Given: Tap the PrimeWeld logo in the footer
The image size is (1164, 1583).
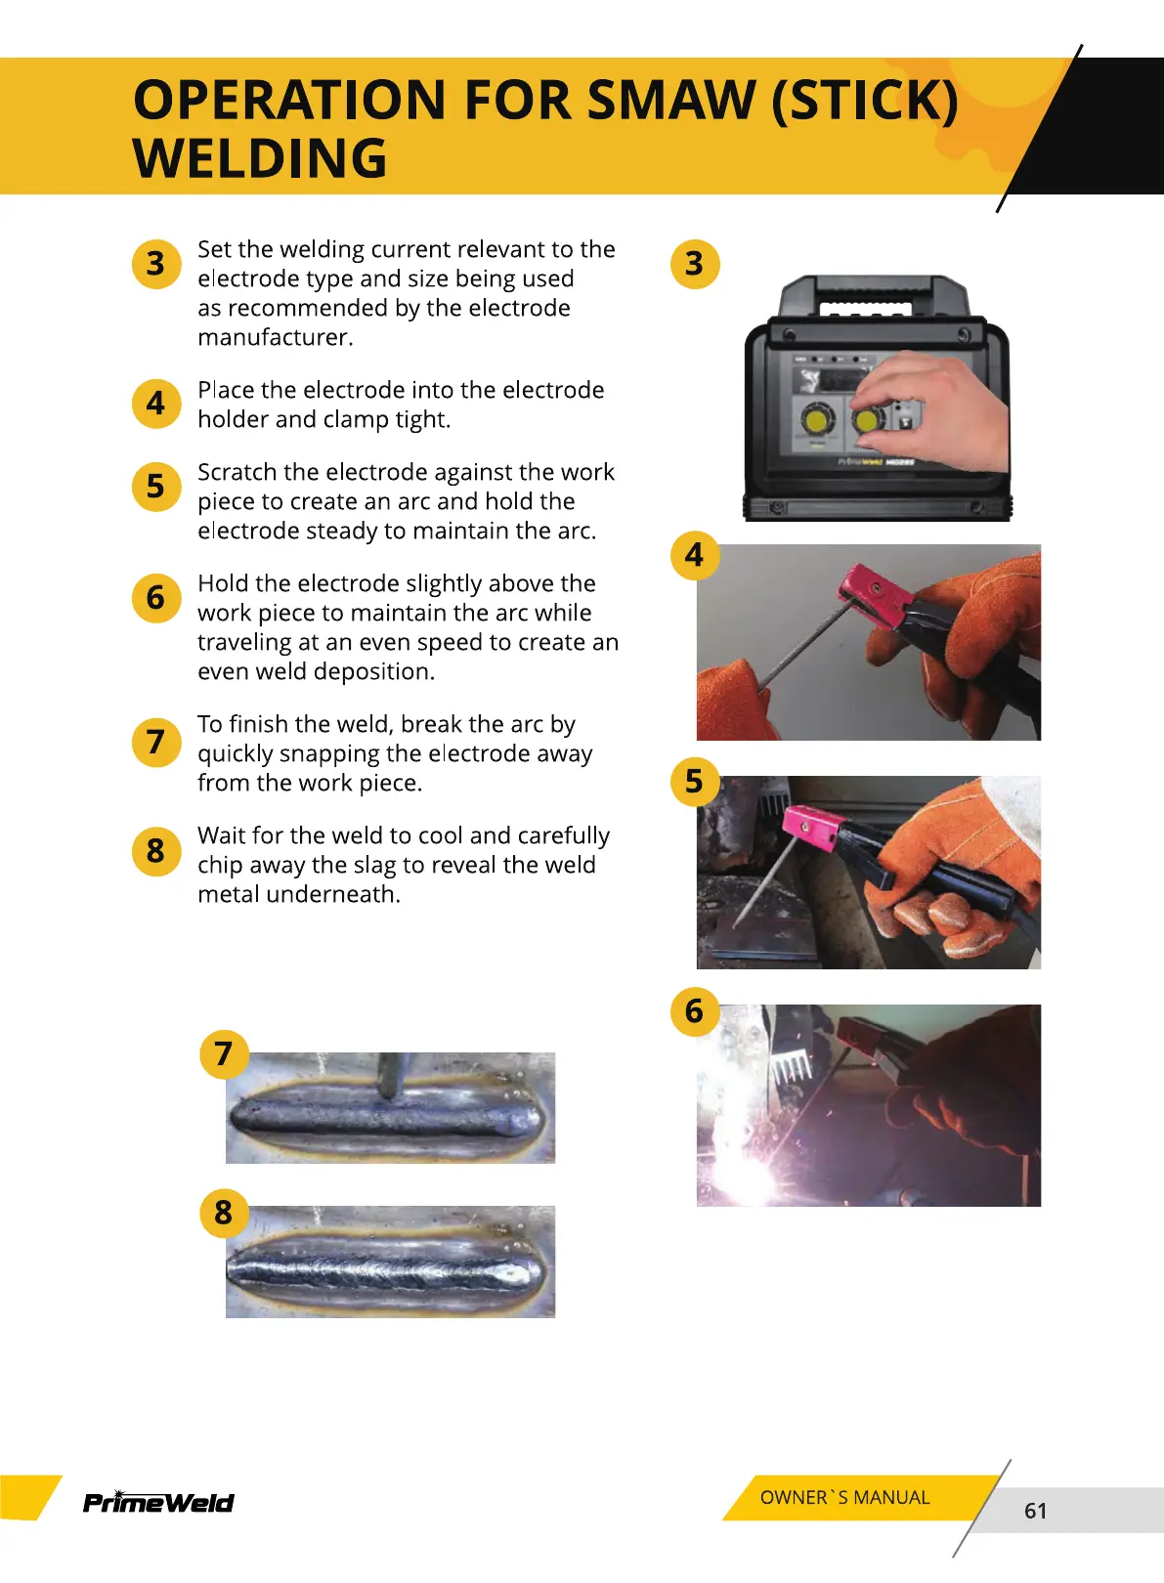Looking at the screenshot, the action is coord(158,1502).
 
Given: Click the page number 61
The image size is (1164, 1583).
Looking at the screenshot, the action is coord(1035,1511).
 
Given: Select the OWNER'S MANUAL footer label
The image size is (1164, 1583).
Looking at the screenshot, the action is coord(844,1497).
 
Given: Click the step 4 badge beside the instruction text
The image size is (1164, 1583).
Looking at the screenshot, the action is coord(156,404).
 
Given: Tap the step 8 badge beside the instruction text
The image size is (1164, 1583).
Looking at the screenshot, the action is coord(156,851).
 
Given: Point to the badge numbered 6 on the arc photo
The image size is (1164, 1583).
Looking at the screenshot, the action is coord(695,1011).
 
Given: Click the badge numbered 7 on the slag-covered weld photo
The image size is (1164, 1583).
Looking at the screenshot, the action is coord(224,1054).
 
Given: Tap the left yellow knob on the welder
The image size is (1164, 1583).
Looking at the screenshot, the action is coord(818,420).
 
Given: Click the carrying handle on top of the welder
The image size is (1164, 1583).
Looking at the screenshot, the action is coord(873,297).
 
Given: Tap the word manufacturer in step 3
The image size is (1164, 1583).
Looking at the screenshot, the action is coord(275,338).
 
